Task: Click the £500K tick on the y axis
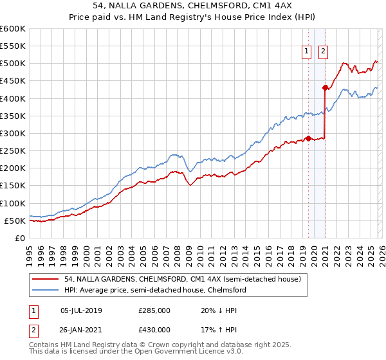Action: pos(13,64)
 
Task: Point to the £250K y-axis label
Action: pos(13,151)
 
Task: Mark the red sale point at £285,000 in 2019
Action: pos(308,138)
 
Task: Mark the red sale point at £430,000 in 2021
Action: pos(326,87)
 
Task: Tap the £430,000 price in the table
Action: pos(155,330)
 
